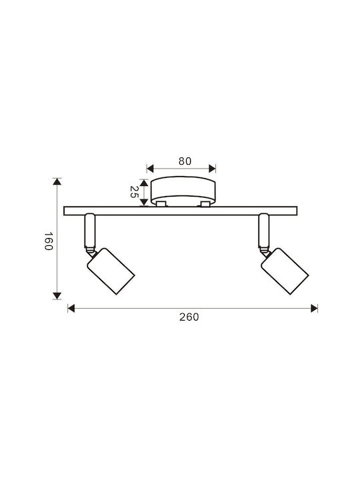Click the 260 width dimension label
pos(189,317)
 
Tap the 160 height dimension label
pos(49,241)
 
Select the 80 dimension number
pos(185,161)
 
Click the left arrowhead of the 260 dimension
pos(71,308)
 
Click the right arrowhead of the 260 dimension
pos(314,308)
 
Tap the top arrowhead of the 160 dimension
pos(57,181)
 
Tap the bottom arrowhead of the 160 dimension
pos(57,296)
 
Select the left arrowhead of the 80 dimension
pos(150,169)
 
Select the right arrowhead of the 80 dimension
pos(212,169)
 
